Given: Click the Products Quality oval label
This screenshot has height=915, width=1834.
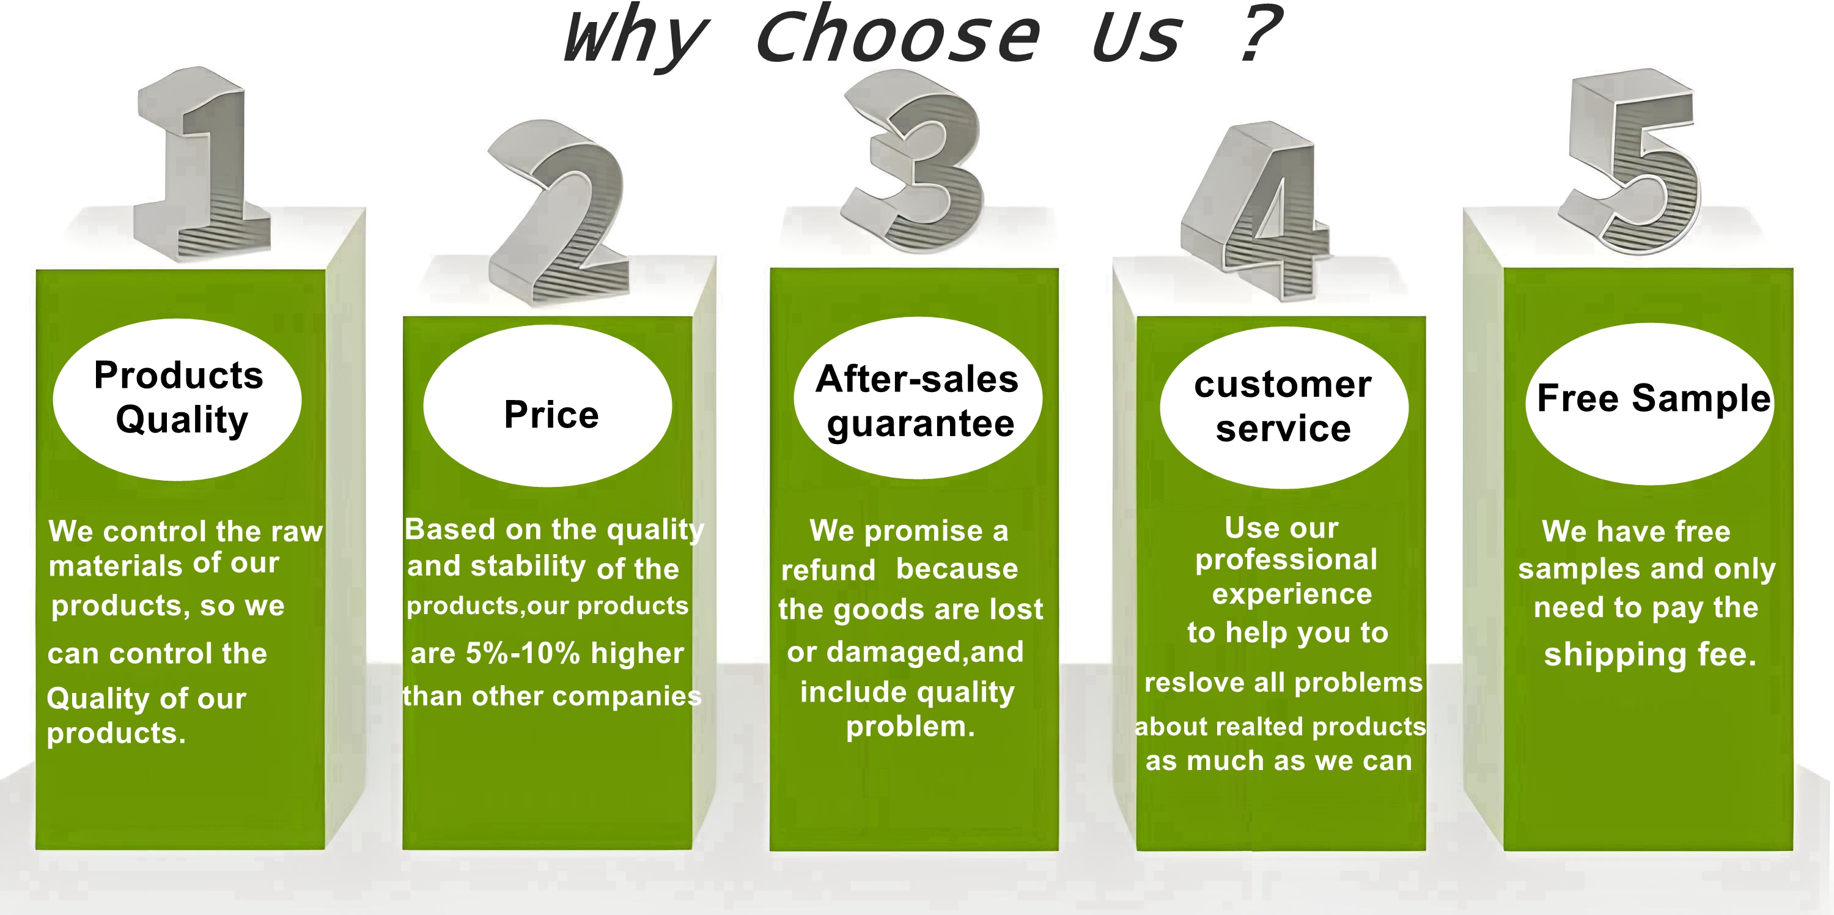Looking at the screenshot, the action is [177, 399].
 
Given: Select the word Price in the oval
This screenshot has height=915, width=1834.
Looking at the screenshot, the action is [551, 415].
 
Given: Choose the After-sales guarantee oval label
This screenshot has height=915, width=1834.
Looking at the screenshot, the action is [918, 398].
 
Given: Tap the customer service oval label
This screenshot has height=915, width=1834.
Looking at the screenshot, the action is [1284, 408].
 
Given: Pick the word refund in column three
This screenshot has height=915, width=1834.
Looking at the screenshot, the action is [828, 569].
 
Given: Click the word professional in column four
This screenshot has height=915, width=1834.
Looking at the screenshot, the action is [1286, 560].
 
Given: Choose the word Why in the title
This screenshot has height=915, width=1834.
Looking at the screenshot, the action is [635, 37].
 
